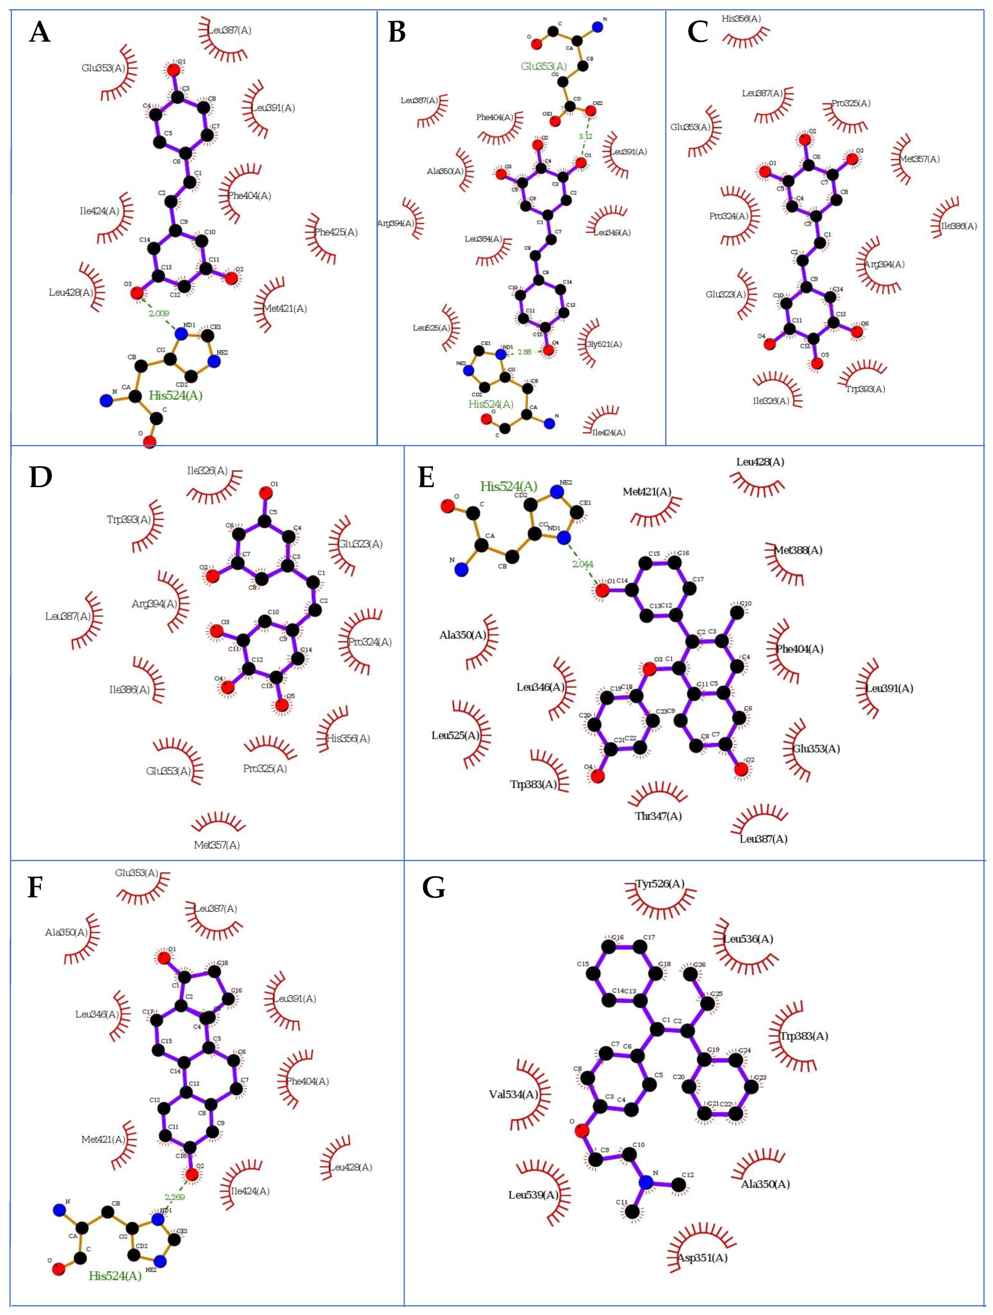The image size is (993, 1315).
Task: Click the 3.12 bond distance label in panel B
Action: point(585,136)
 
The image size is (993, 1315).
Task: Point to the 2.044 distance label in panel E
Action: point(583,564)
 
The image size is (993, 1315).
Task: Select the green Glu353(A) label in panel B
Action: point(544,67)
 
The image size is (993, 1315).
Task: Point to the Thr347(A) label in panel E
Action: point(658,816)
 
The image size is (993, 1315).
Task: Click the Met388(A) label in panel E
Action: point(798,550)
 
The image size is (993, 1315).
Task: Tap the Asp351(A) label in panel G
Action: point(702,1258)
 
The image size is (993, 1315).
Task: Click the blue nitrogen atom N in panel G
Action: point(646,1182)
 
